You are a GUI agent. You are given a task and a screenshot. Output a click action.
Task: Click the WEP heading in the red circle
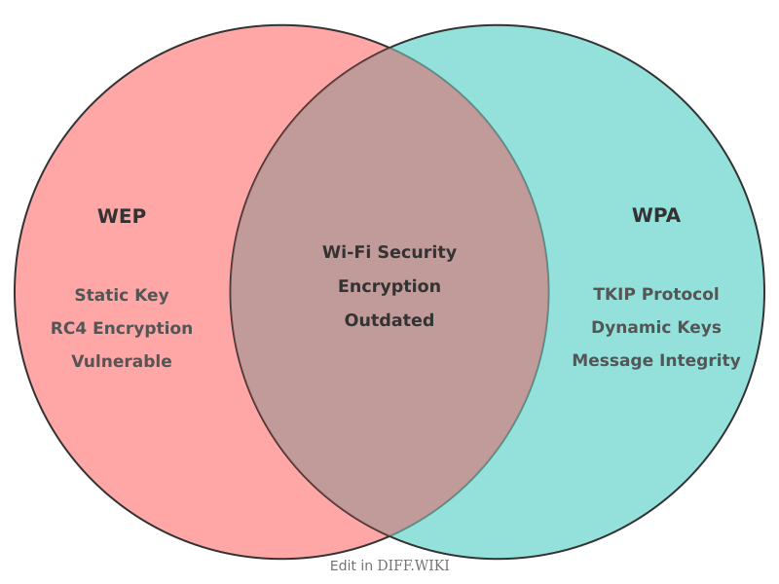pos(122,216)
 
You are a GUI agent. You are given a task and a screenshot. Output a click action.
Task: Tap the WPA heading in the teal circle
pos(656,215)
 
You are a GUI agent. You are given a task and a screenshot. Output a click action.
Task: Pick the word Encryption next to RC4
pos(142,328)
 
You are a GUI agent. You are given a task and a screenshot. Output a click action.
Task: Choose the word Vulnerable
pos(122,361)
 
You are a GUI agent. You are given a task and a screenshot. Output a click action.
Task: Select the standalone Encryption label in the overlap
pos(389,286)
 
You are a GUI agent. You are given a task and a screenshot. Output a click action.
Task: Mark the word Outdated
pos(389,320)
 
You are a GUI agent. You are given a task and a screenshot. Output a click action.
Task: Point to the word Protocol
pos(681,294)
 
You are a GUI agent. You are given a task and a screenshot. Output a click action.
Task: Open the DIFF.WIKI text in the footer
pos(413,566)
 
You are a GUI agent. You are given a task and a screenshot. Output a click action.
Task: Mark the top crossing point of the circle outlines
pos(389,48)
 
